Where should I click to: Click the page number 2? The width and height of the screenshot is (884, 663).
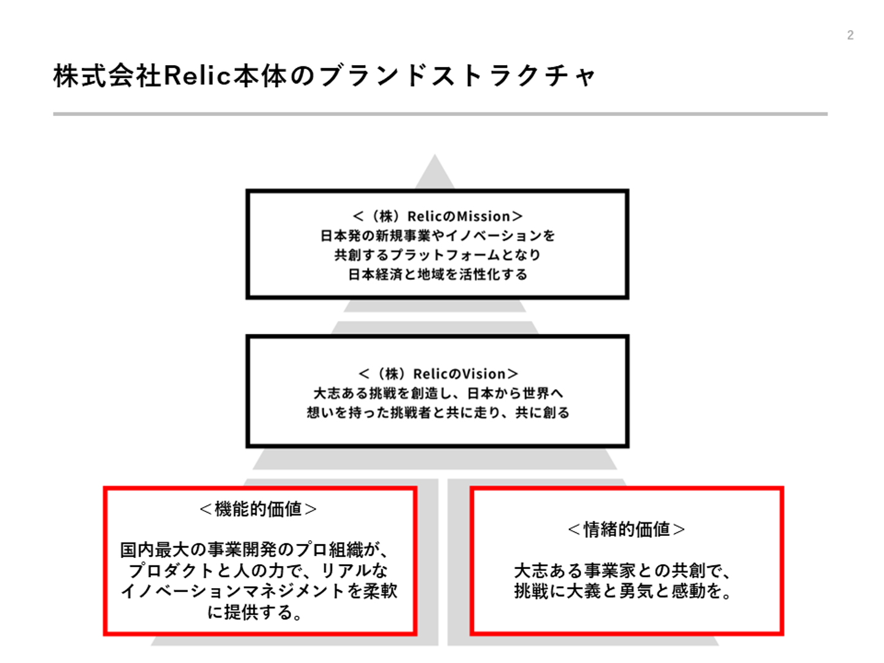coord(850,35)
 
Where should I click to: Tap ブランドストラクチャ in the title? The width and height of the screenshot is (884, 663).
coord(457,76)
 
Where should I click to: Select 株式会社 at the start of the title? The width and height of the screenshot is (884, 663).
coord(107,76)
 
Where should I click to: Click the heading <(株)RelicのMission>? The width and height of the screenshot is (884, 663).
coord(438,216)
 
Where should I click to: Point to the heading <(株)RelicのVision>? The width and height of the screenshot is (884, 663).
coord(438,374)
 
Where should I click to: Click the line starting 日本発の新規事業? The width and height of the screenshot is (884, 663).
coord(438,236)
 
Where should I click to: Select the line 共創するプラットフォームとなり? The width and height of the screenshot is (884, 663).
coord(438,255)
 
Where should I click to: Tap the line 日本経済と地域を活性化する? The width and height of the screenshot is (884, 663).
coord(438,274)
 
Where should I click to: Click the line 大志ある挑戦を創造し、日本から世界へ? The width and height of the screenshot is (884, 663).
coord(438,393)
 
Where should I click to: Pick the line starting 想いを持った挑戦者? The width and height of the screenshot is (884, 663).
coord(438,413)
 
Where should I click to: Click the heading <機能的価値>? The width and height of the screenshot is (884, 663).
coord(258,509)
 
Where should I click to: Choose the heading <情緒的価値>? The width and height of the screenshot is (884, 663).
coord(626,529)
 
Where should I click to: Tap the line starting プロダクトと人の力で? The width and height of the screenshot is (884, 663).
coord(258,571)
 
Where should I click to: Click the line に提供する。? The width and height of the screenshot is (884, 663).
coord(254,612)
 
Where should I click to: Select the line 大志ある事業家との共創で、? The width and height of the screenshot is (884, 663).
coord(622,571)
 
